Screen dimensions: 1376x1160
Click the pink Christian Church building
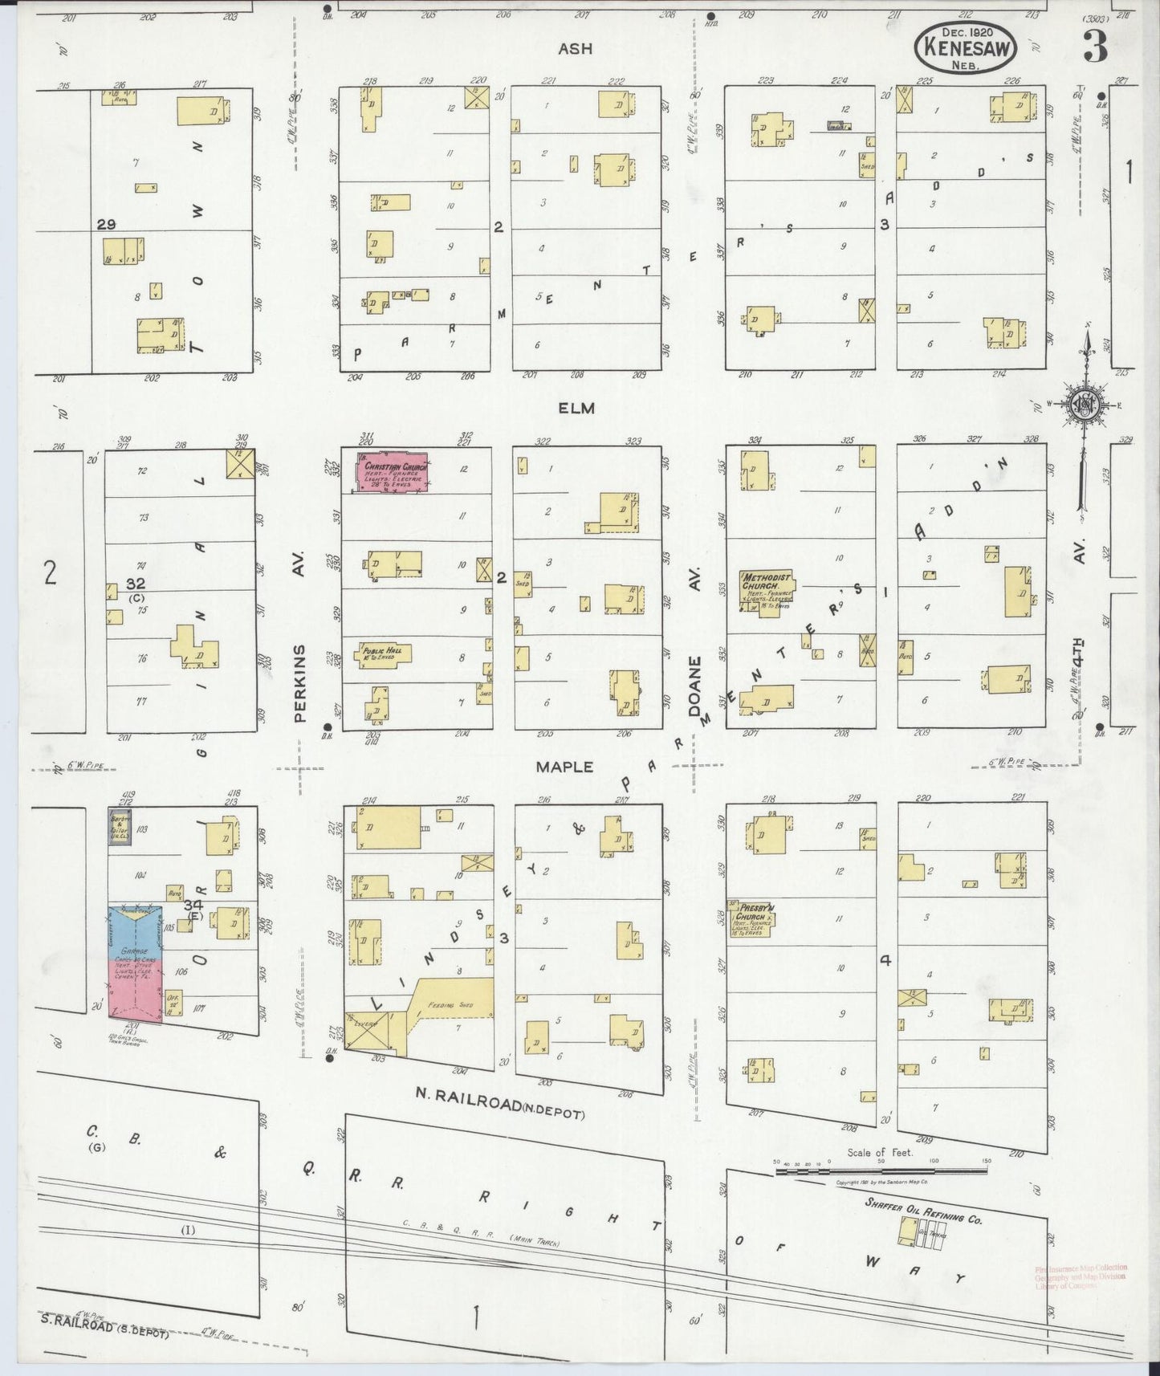[393, 471]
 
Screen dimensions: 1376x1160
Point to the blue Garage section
[136, 931]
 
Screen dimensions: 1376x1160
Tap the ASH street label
[576, 49]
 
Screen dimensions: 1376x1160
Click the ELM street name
[576, 408]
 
